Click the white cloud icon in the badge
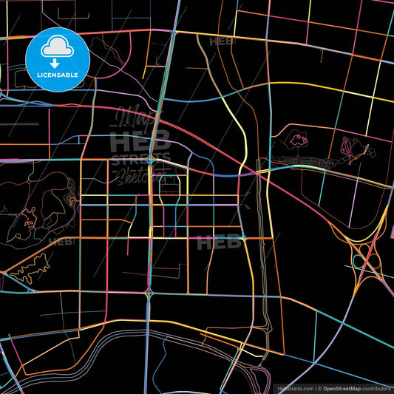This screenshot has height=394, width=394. coord(58,46)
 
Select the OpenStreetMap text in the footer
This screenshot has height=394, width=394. coord(344,387)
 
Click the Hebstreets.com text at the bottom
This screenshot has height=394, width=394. coord(293,387)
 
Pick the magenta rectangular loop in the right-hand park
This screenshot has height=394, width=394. coord(347,149)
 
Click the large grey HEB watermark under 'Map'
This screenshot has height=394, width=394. coord(140,140)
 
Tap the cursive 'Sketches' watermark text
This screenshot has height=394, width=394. coord(138,176)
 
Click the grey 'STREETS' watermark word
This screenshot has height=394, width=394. coord(140,158)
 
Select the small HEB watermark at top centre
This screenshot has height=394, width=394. coord(222,43)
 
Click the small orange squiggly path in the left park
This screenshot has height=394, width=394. coord(30,220)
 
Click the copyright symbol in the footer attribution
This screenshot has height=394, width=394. coord(319,387)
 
